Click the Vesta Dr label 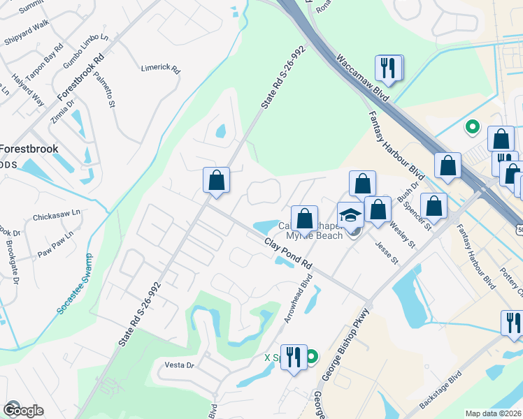pyautogui.click(x=178, y=365)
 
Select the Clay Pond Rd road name pyautogui.click(x=287, y=255)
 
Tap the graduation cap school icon pyautogui.click(x=350, y=214)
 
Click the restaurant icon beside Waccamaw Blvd pyautogui.click(x=388, y=68)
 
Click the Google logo pyautogui.click(x=23, y=410)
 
